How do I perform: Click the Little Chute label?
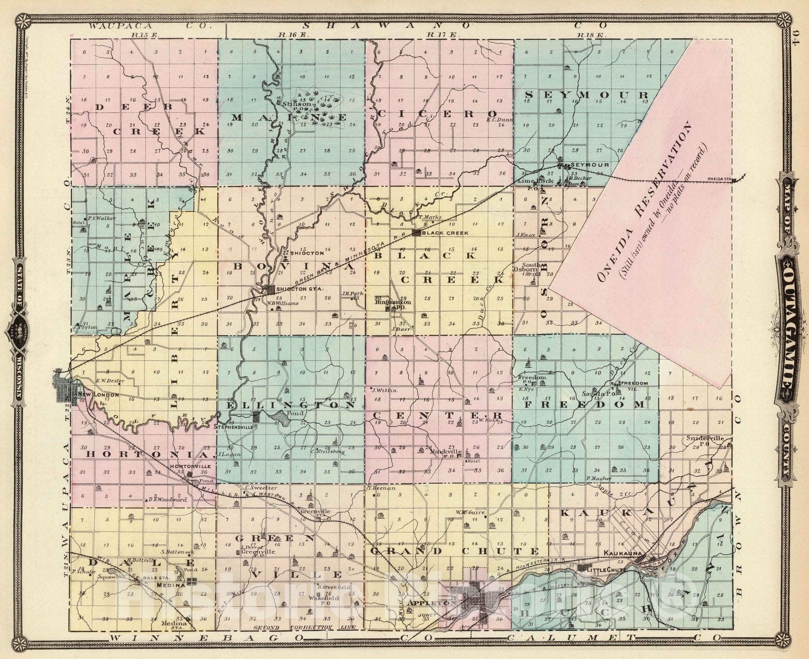pyautogui.click(x=607, y=570)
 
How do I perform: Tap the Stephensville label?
pyautogui.click(x=233, y=427)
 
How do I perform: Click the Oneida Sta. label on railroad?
pyautogui.click(x=720, y=178)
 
